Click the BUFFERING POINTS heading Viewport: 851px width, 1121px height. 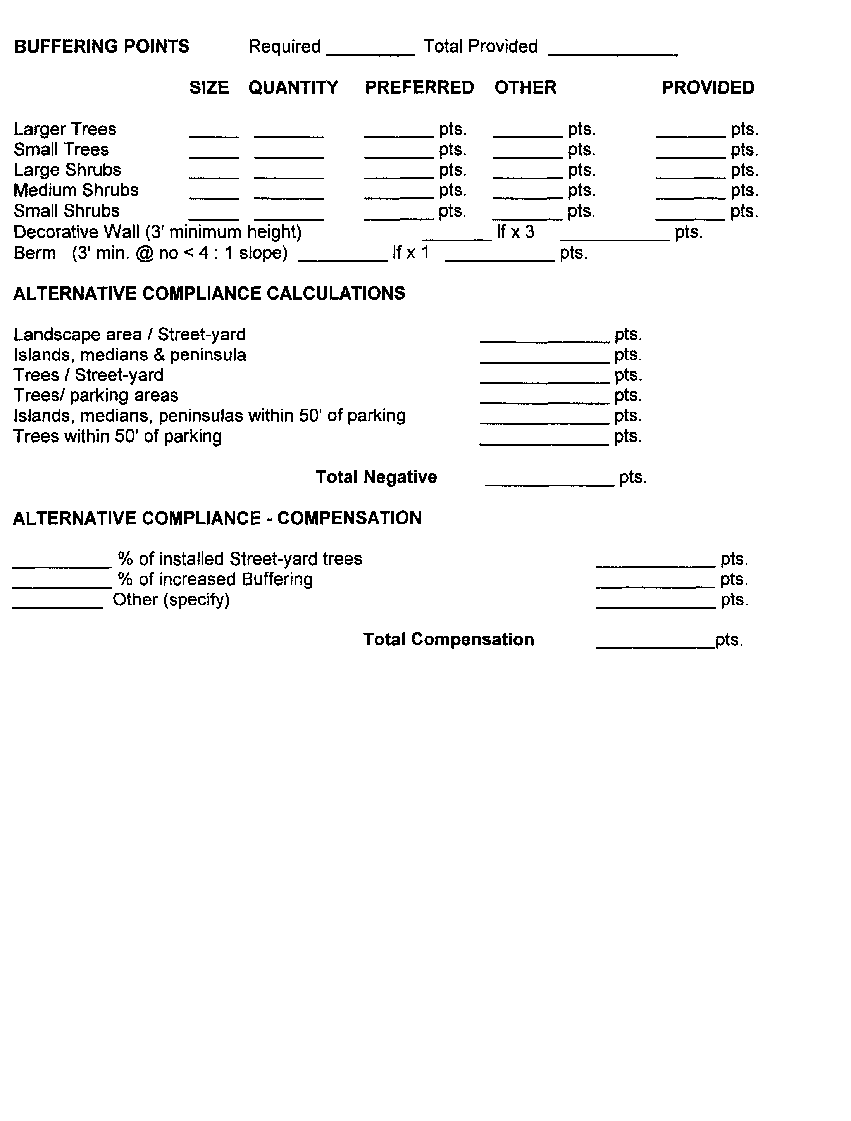tap(101, 47)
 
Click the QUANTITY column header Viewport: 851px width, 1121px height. tap(293, 88)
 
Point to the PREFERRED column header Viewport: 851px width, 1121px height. tap(419, 88)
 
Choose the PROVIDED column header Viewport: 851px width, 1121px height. tap(708, 88)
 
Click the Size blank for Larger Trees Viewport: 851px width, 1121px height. tap(214, 133)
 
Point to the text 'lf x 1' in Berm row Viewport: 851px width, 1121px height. tap(410, 252)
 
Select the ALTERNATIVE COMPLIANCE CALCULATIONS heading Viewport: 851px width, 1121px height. tap(209, 293)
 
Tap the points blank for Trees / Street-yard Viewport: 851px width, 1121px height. tap(544, 379)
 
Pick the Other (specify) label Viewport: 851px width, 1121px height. tap(171, 600)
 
